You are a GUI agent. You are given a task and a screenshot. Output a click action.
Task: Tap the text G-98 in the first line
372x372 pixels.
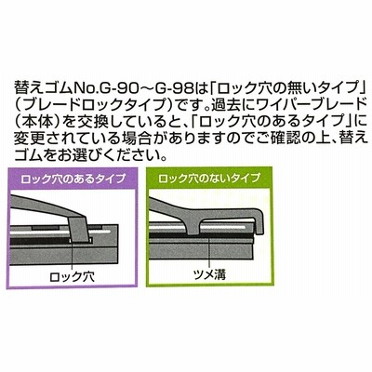tap(169, 89)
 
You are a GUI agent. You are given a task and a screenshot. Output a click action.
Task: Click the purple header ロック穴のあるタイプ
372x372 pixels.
tap(73, 179)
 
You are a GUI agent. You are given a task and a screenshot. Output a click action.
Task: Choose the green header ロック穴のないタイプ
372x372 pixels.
tap(209, 179)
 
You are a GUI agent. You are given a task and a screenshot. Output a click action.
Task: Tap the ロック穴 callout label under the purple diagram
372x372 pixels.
tap(73, 277)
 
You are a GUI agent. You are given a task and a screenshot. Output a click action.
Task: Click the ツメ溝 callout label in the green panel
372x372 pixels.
tap(209, 274)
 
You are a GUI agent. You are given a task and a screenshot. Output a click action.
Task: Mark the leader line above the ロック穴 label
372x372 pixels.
tap(72, 254)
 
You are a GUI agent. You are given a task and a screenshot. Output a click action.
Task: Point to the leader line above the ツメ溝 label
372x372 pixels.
tap(210, 251)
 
